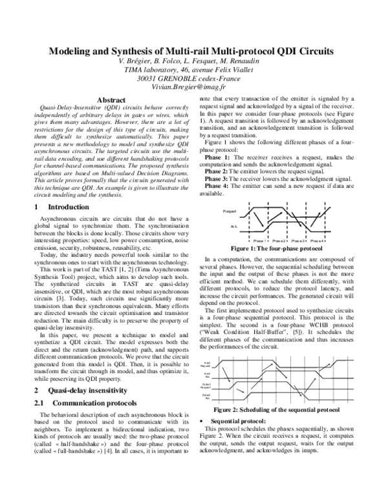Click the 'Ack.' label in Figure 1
coord(233,227)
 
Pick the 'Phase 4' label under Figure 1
coord(318,241)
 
